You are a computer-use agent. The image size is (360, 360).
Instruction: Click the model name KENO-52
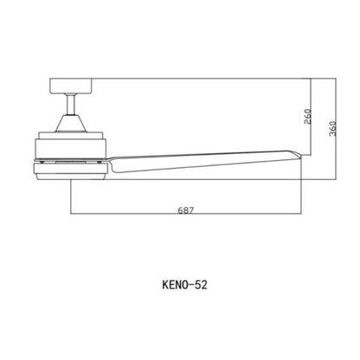point(183,283)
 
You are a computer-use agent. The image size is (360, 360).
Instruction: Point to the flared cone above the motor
point(71,120)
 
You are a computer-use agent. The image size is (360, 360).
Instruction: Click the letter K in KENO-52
point(164,283)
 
